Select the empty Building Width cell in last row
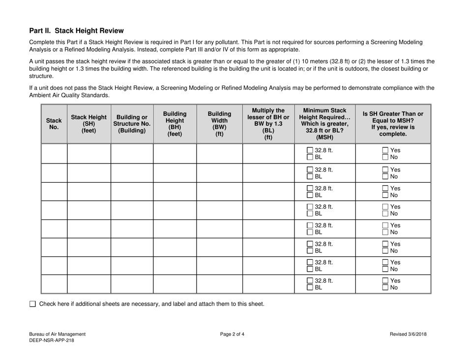tap(219, 284)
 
